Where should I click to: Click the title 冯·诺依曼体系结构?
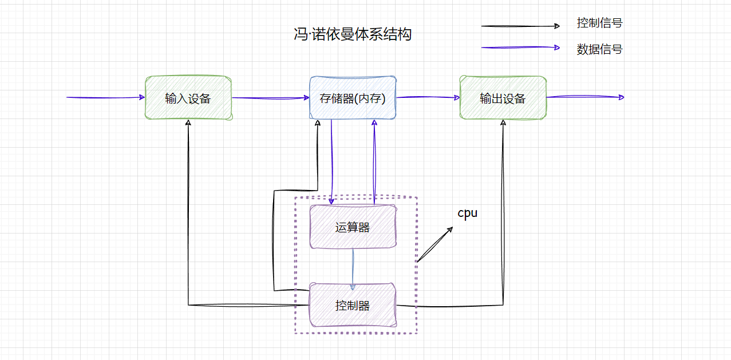pyautogui.click(x=352, y=35)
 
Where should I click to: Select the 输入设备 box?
pyautogui.click(x=188, y=98)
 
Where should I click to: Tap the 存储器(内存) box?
pyautogui.click(x=353, y=98)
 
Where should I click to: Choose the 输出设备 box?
pyautogui.click(x=503, y=98)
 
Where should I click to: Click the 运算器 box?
pyautogui.click(x=353, y=227)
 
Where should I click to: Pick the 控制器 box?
pyautogui.click(x=353, y=305)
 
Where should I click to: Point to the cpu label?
pyautogui.click(x=467, y=213)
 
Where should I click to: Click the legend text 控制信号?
pyautogui.click(x=599, y=23)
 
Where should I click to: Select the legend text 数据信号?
pyautogui.click(x=599, y=49)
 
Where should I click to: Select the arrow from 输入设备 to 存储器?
pyautogui.click(x=270, y=98)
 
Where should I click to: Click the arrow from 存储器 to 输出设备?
pyautogui.click(x=428, y=97)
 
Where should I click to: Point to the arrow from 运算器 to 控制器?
pyautogui.click(x=353, y=266)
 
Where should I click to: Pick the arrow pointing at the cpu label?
pyautogui.click(x=435, y=244)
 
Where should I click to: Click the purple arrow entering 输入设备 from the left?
pyautogui.click(x=106, y=97)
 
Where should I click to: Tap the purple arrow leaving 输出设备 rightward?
pyautogui.click(x=584, y=97)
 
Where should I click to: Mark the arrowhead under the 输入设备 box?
pyautogui.click(x=188, y=123)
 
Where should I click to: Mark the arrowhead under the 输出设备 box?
pyautogui.click(x=503, y=123)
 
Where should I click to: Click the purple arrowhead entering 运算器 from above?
pyautogui.click(x=332, y=201)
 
